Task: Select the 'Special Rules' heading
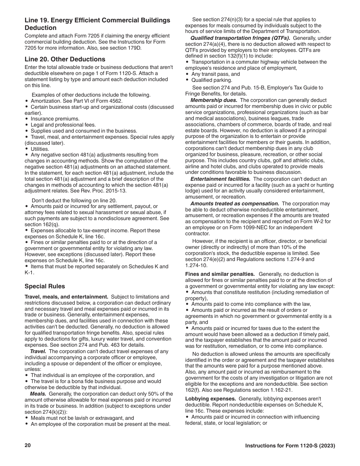(x=45, y=286)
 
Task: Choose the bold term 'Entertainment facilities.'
(x=220, y=179)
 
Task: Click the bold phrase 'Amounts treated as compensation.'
(x=235, y=203)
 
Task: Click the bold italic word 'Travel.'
(x=38, y=351)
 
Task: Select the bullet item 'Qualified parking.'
(x=212, y=80)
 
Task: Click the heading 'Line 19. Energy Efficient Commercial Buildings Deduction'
(x=97, y=24)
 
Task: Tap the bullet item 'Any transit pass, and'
(x=215, y=74)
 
